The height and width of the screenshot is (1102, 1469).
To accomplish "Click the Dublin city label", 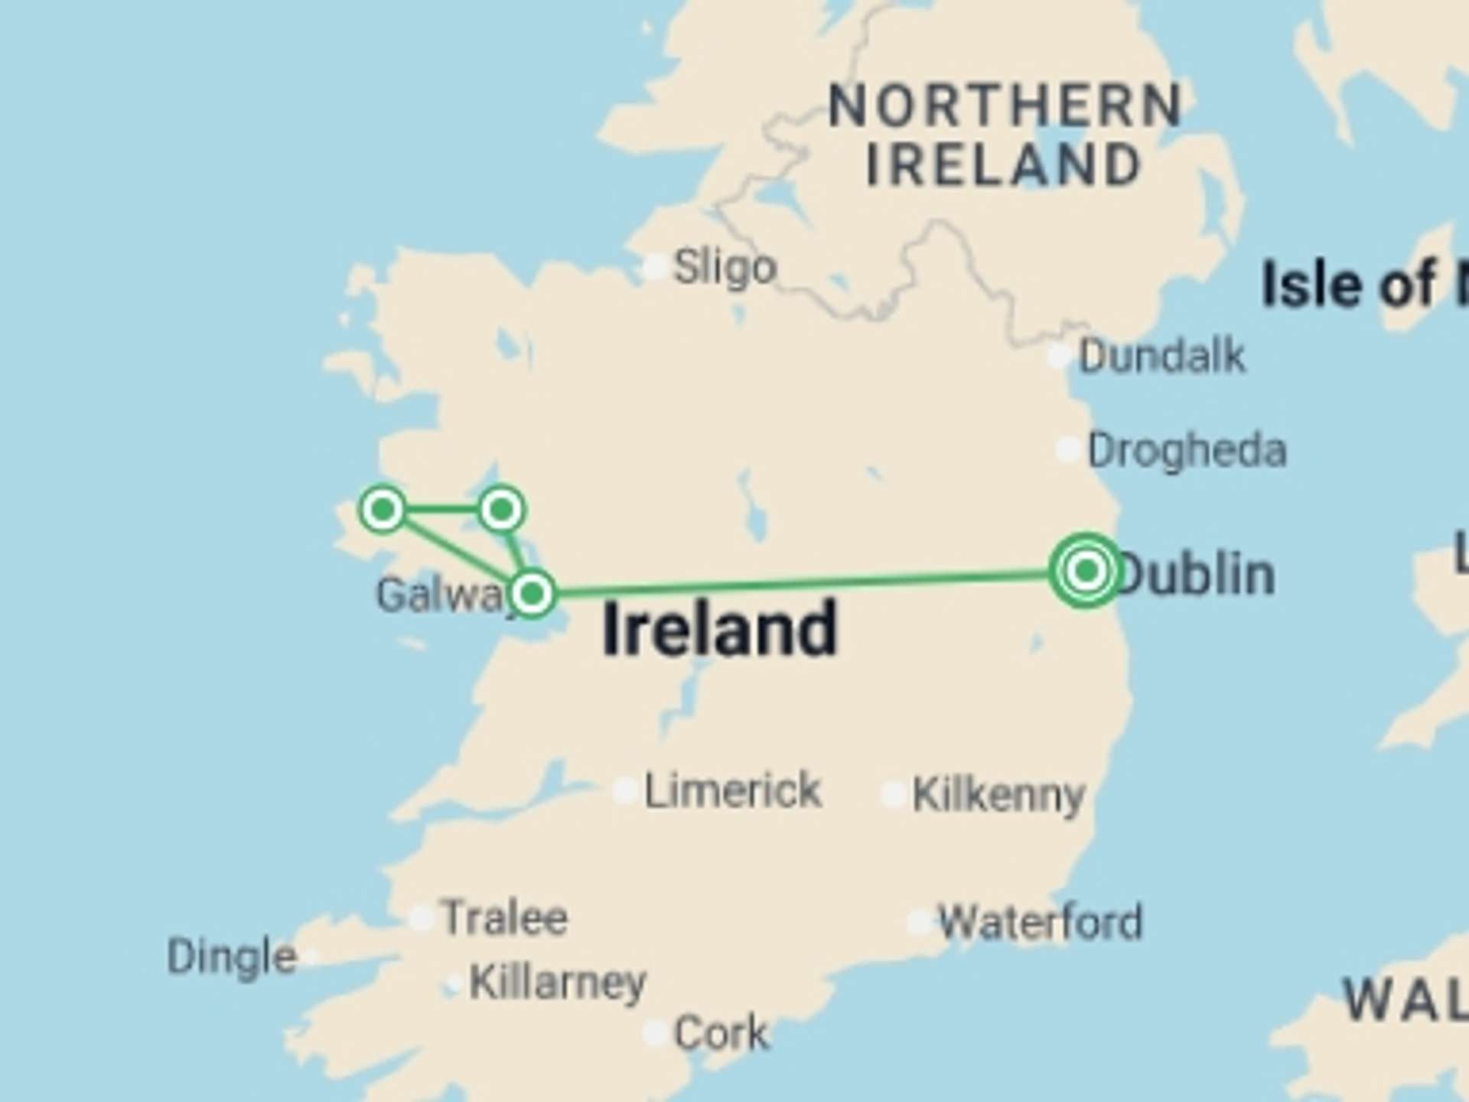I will pyautogui.click(x=1195, y=574).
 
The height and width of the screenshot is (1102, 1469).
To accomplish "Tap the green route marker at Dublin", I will pyautogui.click(x=1086, y=570).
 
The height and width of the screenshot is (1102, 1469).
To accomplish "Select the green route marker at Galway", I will pyautogui.click(x=533, y=593).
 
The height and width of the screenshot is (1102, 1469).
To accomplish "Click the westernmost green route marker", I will pyautogui.click(x=383, y=509).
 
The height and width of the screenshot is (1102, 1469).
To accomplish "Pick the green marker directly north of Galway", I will pyautogui.click(x=501, y=509).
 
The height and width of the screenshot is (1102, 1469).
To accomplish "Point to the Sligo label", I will pyautogui.click(x=724, y=268).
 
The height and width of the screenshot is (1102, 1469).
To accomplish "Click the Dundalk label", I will pyautogui.click(x=1161, y=356).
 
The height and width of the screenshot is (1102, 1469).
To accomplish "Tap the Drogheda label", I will pyautogui.click(x=1187, y=450).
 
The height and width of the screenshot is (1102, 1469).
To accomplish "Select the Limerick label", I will pyautogui.click(x=732, y=791).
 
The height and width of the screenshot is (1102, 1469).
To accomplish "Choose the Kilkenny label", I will pyautogui.click(x=998, y=796).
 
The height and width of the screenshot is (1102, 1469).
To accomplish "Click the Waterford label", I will pyautogui.click(x=1040, y=922).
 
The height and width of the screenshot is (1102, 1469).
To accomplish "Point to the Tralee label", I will pyautogui.click(x=505, y=918).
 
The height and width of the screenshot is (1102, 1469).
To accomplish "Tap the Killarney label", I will pyautogui.click(x=557, y=982).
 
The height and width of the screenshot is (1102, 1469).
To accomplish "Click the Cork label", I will pyautogui.click(x=721, y=1033).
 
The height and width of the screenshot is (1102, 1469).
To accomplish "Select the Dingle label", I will pyautogui.click(x=232, y=957).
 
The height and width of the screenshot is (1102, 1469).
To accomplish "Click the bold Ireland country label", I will pyautogui.click(x=719, y=629).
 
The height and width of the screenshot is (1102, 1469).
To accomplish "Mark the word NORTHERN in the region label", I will pyautogui.click(x=1005, y=106).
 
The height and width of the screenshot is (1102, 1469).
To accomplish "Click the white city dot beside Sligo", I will pyautogui.click(x=655, y=267).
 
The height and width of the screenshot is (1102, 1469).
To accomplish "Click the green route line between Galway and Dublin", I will pyautogui.click(x=803, y=583).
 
